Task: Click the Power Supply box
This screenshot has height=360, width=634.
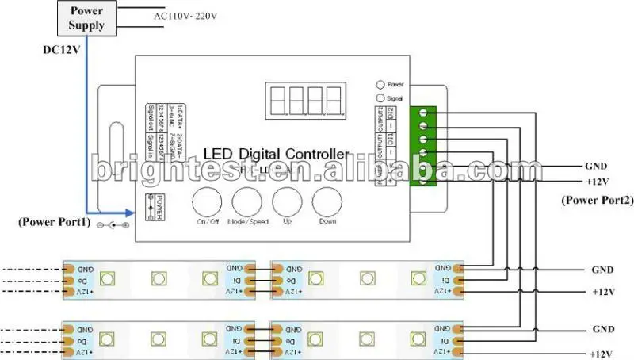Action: (x=87, y=18)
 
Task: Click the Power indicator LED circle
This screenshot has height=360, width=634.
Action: (x=381, y=83)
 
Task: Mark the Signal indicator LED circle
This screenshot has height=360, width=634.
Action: (x=381, y=97)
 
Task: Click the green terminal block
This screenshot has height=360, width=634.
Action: (x=426, y=145)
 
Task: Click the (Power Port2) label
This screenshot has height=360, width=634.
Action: (x=594, y=201)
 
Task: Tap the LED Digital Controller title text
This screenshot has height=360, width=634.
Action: (x=276, y=153)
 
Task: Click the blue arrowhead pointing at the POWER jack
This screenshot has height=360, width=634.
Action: (x=130, y=212)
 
